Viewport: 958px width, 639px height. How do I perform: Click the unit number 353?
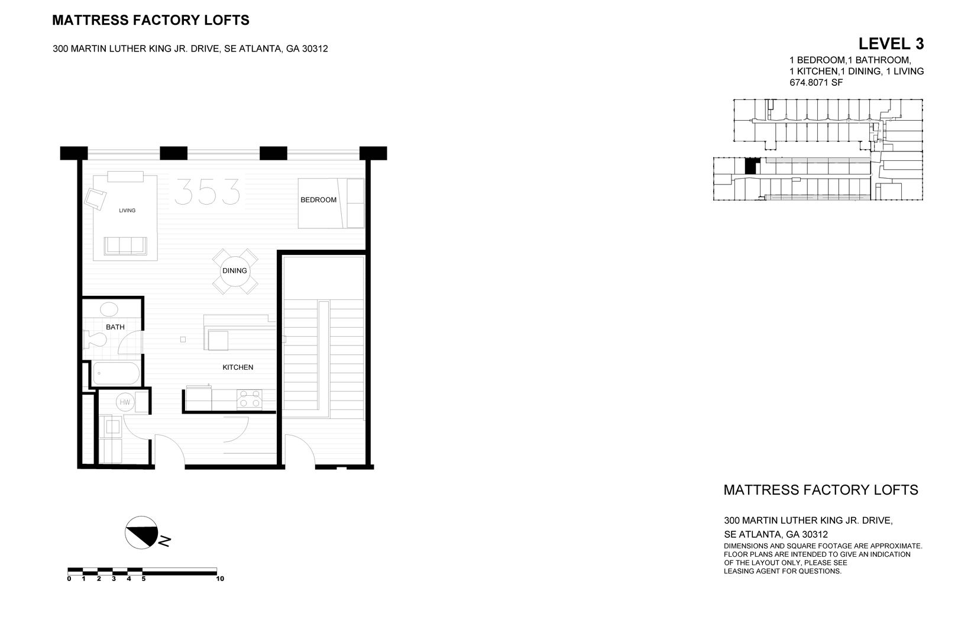click(x=208, y=191)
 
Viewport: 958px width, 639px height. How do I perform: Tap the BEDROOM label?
click(x=318, y=200)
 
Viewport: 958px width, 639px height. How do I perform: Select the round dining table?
click(x=235, y=271)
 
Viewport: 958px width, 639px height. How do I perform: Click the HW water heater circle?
click(x=125, y=402)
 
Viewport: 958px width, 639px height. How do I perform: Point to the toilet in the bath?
click(x=95, y=339)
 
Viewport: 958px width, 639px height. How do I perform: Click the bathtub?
click(x=116, y=373)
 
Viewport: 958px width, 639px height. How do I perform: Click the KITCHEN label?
click(x=238, y=367)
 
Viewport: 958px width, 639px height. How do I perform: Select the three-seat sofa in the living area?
click(x=125, y=245)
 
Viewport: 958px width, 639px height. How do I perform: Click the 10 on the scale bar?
click(x=220, y=579)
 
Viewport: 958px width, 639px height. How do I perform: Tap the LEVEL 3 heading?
click(x=891, y=44)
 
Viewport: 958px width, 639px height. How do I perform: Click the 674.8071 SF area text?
click(x=816, y=83)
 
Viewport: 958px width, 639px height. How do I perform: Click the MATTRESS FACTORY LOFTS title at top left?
click(x=151, y=21)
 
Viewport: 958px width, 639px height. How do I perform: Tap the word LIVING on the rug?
click(x=127, y=211)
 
